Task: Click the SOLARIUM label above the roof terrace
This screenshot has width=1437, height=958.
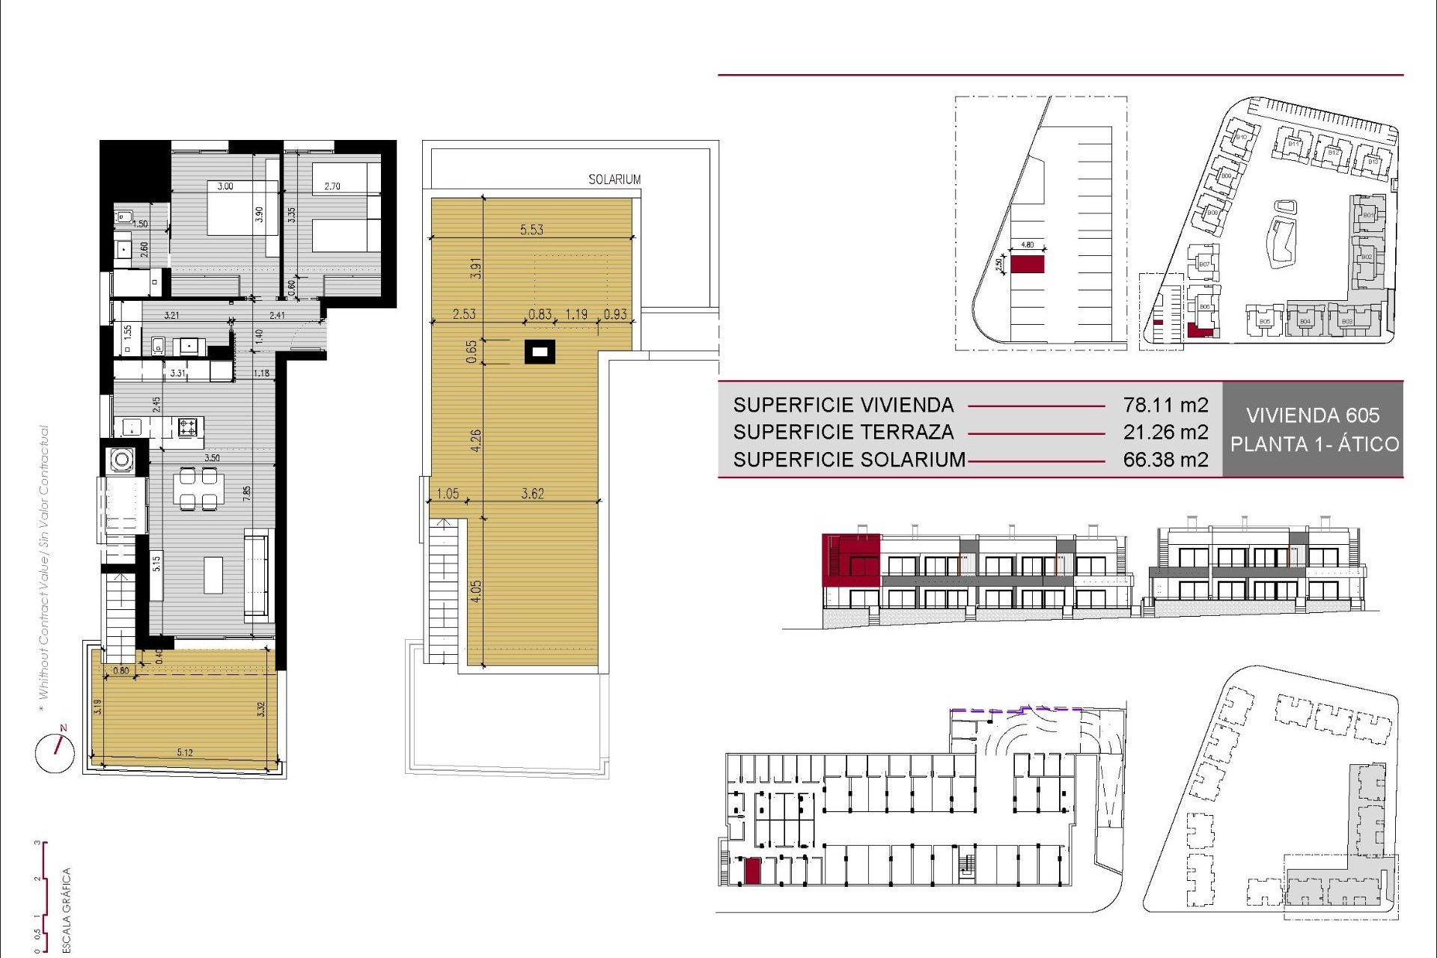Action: pos(614,180)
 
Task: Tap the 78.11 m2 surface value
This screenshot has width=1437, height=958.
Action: pos(1165,405)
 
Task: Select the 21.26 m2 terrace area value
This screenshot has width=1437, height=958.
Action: pos(1165,432)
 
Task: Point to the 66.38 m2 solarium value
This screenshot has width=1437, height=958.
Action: pos(1165,460)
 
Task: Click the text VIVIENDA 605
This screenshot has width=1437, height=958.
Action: pos(1312,415)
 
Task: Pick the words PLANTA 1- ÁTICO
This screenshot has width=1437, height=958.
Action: pos(1314,444)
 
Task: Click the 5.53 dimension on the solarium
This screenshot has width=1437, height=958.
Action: pos(531,230)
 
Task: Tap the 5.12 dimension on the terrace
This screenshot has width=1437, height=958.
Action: pos(185,752)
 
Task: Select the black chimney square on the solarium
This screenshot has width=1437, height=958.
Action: pos(540,351)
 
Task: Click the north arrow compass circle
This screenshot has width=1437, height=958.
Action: pos(55,753)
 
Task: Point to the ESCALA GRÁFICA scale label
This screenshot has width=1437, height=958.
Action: pos(67,909)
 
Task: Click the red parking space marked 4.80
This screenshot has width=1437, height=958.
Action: pos(1027,264)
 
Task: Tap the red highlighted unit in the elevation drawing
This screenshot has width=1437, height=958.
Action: pos(850,560)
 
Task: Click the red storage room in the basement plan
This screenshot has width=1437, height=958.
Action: pos(752,871)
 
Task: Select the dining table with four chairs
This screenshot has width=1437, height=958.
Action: pos(198,488)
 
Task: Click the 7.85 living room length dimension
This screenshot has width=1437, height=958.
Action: pos(246,493)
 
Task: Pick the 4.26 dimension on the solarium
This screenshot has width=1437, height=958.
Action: pos(476,440)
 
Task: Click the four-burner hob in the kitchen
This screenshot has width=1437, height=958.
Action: pos(187,427)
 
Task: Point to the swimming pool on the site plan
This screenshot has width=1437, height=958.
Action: pos(1281,236)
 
